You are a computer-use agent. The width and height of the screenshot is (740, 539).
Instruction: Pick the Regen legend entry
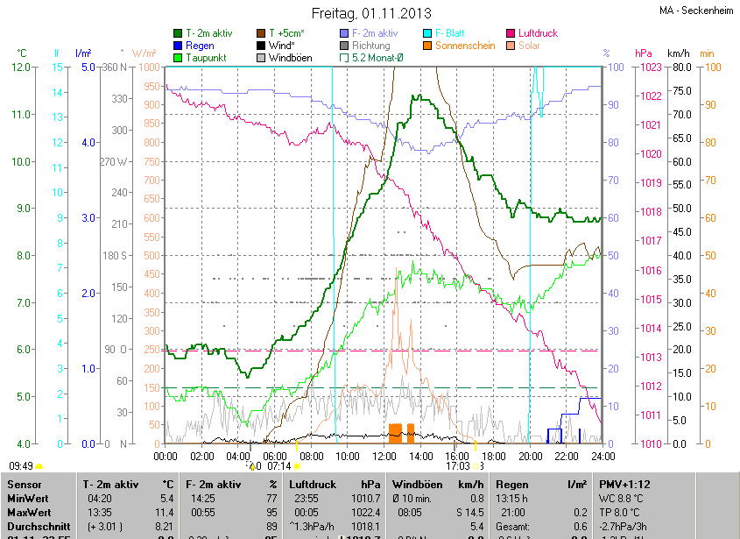201,45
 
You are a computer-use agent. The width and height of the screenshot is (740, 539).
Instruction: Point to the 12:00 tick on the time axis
384,456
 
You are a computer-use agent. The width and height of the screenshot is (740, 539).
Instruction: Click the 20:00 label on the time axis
530,456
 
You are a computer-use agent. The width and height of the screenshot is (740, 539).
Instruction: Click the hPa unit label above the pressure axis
644,53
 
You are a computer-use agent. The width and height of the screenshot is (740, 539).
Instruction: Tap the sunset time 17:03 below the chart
458,466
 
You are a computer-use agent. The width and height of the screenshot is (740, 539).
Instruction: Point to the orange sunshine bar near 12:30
395,433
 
